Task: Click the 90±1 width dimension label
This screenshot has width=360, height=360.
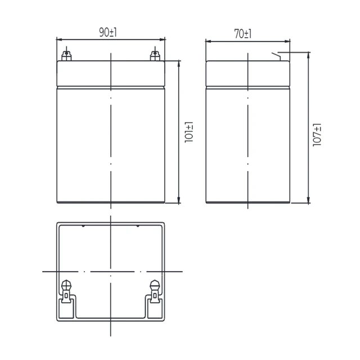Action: click(108, 33)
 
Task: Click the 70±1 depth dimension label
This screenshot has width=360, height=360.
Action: click(243, 34)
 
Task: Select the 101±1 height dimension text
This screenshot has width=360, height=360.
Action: click(189, 132)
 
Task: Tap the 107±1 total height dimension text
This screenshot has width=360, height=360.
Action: click(317, 135)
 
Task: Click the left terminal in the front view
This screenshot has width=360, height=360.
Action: click(66, 56)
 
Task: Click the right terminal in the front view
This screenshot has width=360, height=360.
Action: click(155, 56)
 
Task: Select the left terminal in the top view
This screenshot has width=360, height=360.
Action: click(66, 291)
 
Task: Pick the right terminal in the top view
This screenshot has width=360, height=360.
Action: click(155, 291)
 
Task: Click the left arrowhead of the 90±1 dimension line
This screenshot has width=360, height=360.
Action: click(59, 39)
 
